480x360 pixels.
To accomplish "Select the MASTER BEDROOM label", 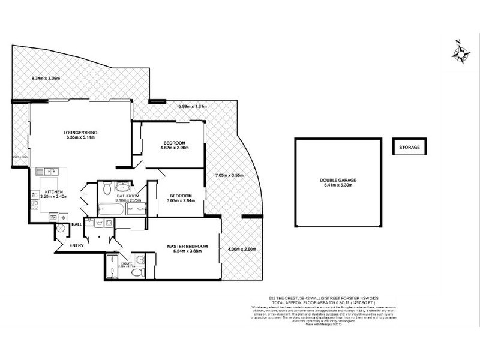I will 188,247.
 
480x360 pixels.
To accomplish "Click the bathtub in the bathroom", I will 111,209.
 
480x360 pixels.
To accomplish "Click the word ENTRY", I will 77,245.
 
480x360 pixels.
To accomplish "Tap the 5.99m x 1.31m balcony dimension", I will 191,107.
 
